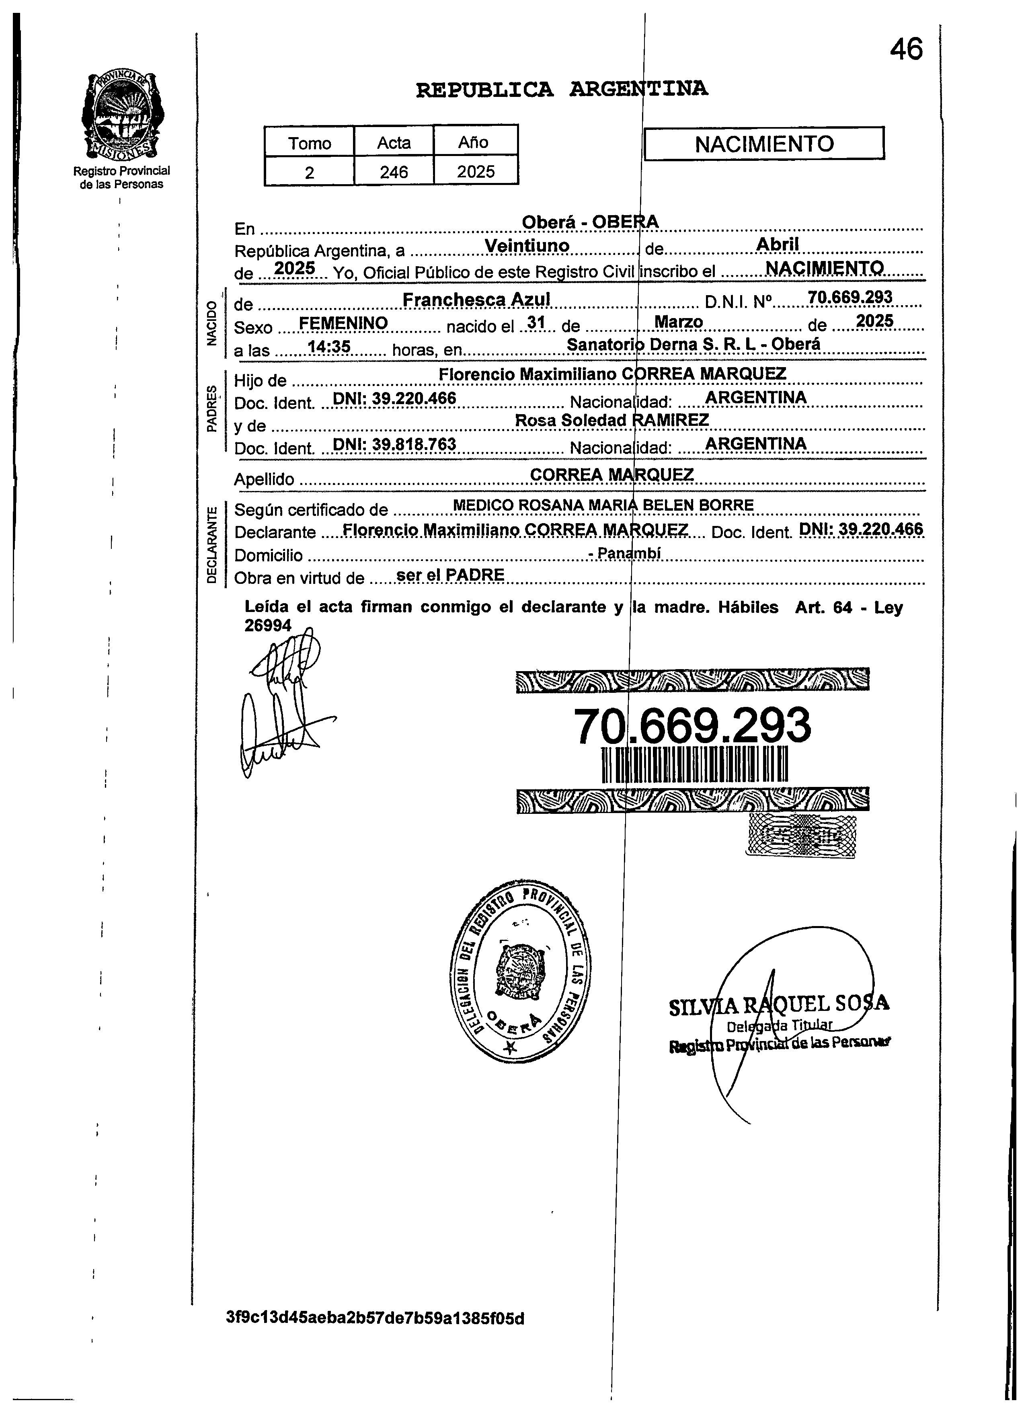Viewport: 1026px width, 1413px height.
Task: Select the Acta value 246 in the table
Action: [x=394, y=171]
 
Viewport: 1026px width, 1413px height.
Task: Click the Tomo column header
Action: [x=309, y=143]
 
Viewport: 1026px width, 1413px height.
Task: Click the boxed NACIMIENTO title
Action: [x=764, y=144]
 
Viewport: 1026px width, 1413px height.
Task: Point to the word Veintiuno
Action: [x=527, y=246]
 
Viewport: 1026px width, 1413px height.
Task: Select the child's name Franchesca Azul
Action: [x=476, y=300]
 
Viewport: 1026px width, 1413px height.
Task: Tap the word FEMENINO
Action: [x=343, y=323]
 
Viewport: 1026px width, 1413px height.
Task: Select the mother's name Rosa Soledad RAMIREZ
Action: [x=612, y=421]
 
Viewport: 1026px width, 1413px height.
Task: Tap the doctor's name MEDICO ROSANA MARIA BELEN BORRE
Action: [x=603, y=505]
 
